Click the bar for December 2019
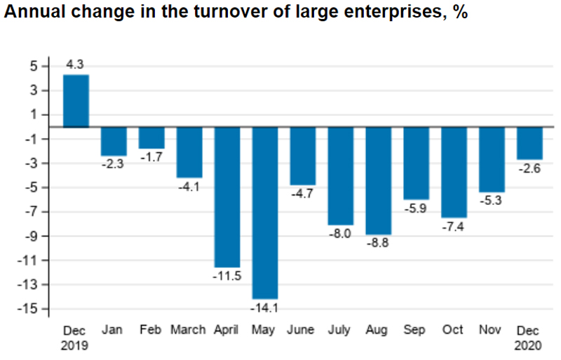pos(76,100)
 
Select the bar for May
pos(264,213)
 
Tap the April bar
pos(227,196)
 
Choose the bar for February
pos(151,138)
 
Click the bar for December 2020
pos(529,143)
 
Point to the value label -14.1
pos(264,307)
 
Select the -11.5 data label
pos(227,276)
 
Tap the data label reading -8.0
pos(340,234)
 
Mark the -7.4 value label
pos(454,227)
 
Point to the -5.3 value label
pos(492,201)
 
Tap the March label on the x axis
pos(188,329)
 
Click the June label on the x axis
pos(302,329)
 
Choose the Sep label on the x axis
pos(416,329)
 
